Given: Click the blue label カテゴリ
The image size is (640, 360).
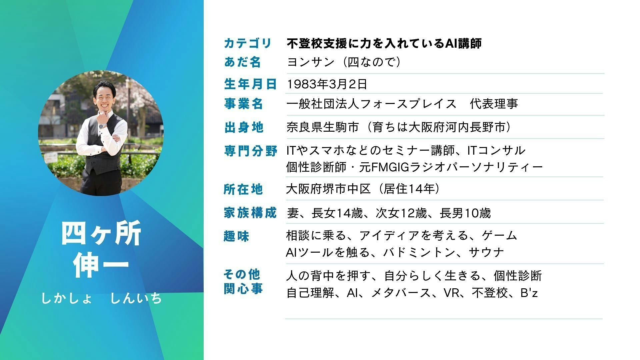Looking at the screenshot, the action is pyautogui.click(x=248, y=43).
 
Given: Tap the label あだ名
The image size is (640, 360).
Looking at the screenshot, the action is pyautogui.click(x=242, y=62).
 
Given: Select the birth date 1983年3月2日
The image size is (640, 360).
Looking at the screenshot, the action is pyautogui.click(x=327, y=84).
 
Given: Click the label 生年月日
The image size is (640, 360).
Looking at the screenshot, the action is pyautogui.click(x=250, y=84).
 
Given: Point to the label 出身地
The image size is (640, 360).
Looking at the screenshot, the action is pyautogui.click(x=244, y=127).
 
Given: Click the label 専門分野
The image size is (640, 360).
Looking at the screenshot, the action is pyautogui.click(x=250, y=151).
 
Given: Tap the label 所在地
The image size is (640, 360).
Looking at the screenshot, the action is pyautogui.click(x=243, y=189).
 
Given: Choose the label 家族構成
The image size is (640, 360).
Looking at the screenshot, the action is pyautogui.click(x=250, y=213).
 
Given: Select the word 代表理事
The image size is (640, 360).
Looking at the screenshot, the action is pyautogui.click(x=494, y=104).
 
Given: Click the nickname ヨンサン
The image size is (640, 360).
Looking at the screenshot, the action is pyautogui.click(x=311, y=62).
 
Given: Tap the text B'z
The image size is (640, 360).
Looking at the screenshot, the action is pyautogui.click(x=529, y=293).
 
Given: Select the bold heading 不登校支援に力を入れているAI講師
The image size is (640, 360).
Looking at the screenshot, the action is pyautogui.click(x=384, y=43).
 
